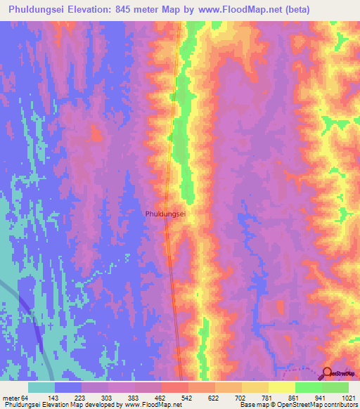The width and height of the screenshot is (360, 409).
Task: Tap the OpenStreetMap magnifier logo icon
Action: tap(327, 373)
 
